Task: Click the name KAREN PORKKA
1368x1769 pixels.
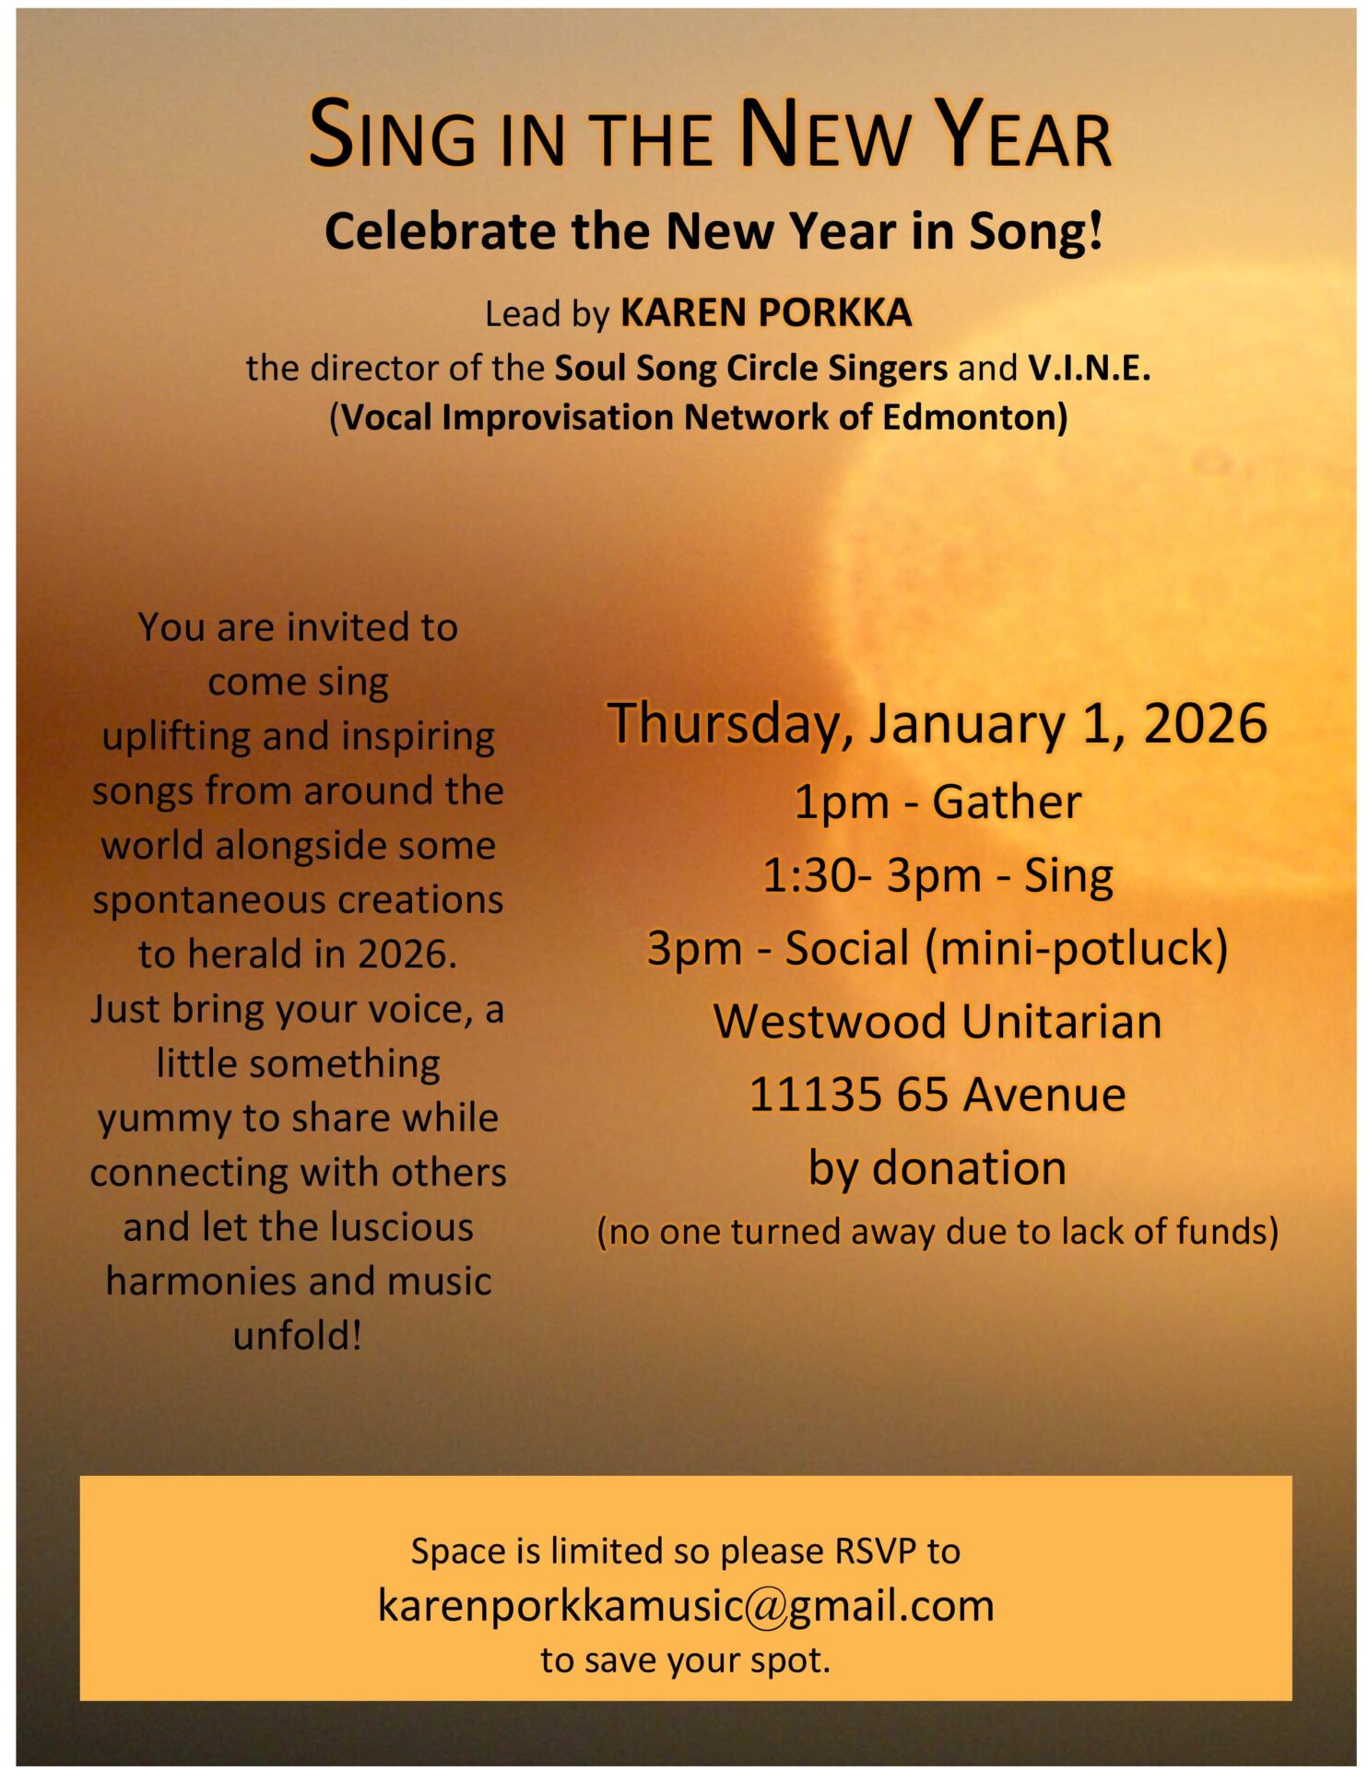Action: click(766, 313)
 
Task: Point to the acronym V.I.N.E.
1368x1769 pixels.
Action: click(1090, 368)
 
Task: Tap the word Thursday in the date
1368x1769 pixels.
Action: click(730, 724)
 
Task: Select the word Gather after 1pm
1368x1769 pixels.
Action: click(1007, 802)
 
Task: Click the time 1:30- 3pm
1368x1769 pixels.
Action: click(872, 875)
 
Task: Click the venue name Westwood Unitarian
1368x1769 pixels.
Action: click(938, 1022)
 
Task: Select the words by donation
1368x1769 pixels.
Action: click(938, 1168)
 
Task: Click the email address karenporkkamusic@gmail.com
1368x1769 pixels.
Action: click(686, 1606)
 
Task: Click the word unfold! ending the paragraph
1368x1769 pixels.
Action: click(298, 1336)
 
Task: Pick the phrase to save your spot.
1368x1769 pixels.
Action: click(686, 1660)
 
